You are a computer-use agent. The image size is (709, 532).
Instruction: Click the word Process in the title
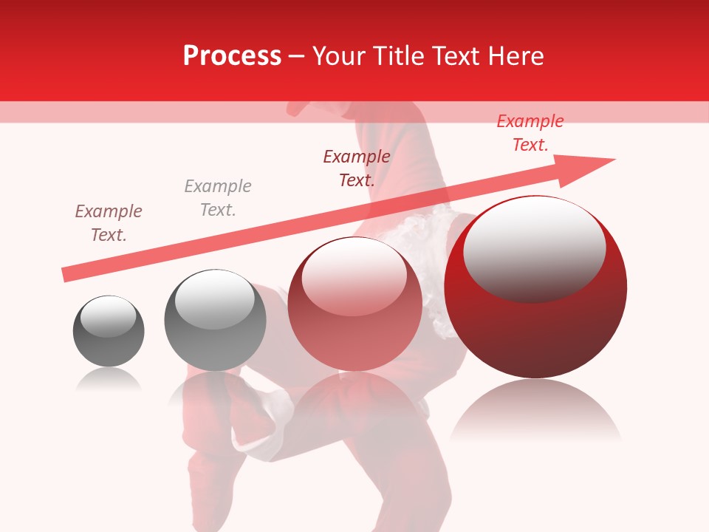(232, 56)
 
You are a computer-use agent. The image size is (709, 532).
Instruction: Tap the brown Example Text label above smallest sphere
(109, 223)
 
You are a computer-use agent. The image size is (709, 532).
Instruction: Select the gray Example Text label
(218, 198)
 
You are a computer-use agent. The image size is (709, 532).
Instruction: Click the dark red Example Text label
(357, 168)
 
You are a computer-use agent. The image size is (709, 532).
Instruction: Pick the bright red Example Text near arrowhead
(530, 133)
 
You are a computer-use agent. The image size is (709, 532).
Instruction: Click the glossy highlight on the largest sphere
(534, 248)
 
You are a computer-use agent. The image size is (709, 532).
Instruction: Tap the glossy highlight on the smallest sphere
(108, 316)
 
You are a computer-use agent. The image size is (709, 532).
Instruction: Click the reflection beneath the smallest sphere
(109, 379)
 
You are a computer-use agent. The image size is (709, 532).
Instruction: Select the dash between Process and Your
(296, 56)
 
